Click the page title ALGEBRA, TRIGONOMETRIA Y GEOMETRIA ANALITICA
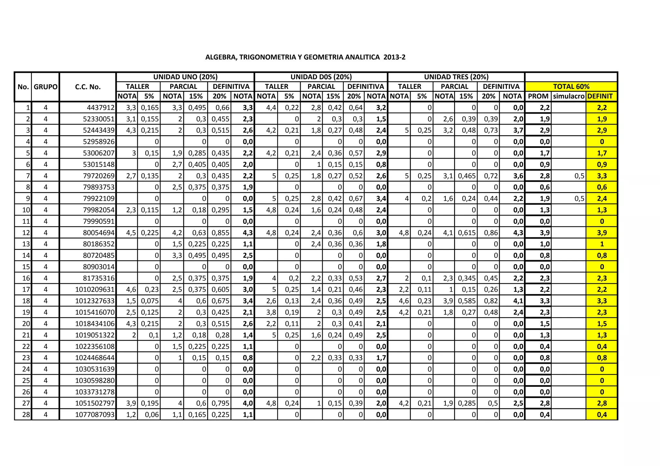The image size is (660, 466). tap(305, 57)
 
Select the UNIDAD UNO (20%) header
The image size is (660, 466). tap(185, 77)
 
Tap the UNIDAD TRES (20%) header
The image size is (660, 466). tap(456, 77)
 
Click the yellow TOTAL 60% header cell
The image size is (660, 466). tap(571, 87)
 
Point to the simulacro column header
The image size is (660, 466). tap(568, 96)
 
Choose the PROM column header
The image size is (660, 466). tap(538, 96)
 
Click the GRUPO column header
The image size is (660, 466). tap(45, 87)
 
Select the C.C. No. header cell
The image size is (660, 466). tap(88, 87)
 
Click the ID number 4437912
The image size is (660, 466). tap(101, 108)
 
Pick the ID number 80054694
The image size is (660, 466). tap(99, 233)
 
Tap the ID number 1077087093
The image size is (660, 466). tap(95, 415)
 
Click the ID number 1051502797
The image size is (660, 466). tap(95, 404)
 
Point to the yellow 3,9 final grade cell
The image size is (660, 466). tap(602, 233)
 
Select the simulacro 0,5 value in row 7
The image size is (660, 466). tap(579, 176)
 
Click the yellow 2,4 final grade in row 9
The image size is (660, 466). tap(602, 199)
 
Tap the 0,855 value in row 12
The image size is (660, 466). tap(220, 233)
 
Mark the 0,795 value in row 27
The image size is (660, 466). tap(220, 404)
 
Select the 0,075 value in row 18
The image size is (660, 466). tap(150, 301)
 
